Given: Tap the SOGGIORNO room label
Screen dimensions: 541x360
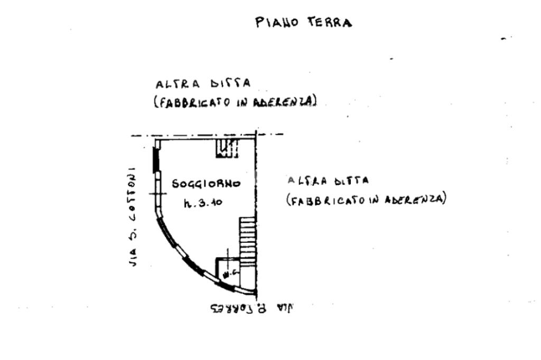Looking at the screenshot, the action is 206,184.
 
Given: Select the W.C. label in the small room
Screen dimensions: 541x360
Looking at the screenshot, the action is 228,273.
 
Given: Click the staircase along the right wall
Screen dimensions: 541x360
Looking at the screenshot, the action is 247,240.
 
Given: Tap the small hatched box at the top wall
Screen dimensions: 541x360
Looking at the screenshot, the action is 227,148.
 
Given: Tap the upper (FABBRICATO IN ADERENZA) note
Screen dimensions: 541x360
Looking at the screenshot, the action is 235,101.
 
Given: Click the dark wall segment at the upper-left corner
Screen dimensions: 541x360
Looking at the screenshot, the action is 155,159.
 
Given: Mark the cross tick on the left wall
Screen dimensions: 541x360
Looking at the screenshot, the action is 157,194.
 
